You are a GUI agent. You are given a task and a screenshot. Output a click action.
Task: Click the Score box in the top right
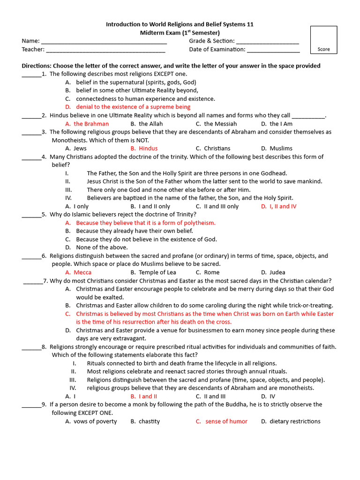(x=323, y=40)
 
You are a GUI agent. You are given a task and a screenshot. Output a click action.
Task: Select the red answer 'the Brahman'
(x=91, y=124)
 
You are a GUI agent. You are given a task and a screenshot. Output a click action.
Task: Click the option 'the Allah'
(x=150, y=124)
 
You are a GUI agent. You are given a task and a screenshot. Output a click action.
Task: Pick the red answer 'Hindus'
(x=148, y=149)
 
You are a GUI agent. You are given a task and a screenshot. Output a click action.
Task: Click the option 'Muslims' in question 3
(x=281, y=149)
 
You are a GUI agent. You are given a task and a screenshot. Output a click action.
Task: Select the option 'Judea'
(x=277, y=272)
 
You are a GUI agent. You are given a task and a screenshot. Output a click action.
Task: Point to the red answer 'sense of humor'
(x=226, y=421)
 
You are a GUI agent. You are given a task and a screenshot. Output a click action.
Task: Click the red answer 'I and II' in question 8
(x=148, y=397)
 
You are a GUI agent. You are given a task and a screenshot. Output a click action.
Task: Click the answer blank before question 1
(x=31, y=75)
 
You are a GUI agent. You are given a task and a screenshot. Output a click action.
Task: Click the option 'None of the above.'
(x=102, y=247)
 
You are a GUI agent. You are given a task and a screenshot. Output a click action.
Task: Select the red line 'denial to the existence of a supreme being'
(x=133, y=107)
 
